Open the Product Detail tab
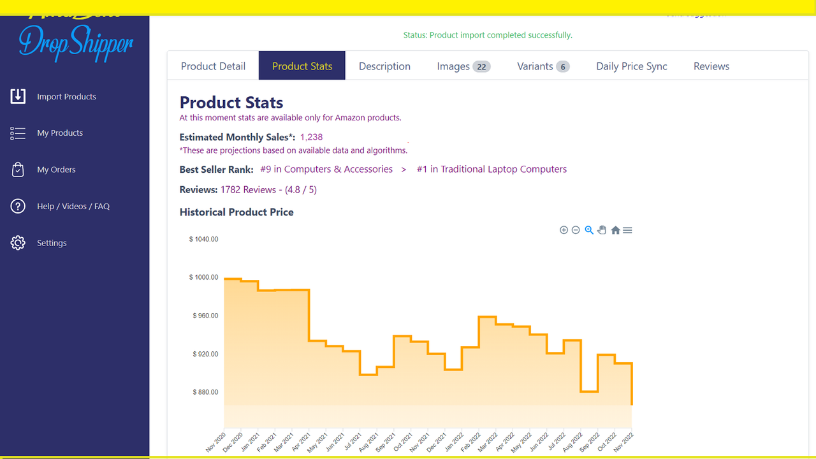click(213, 66)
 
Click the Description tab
click(384, 66)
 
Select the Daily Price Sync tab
click(631, 66)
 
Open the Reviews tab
click(711, 66)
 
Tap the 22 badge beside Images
click(481, 67)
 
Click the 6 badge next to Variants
click(562, 67)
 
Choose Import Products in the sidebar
click(66, 97)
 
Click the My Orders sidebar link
click(56, 170)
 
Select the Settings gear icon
click(18, 243)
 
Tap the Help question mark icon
click(18, 207)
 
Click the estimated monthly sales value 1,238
click(311, 137)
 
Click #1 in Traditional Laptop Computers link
click(492, 170)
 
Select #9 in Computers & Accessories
click(326, 170)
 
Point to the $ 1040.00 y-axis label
click(203, 240)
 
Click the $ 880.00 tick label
click(205, 393)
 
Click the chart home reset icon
click(615, 230)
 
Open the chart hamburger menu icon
click(627, 230)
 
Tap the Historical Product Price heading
click(237, 212)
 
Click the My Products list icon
click(18, 133)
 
